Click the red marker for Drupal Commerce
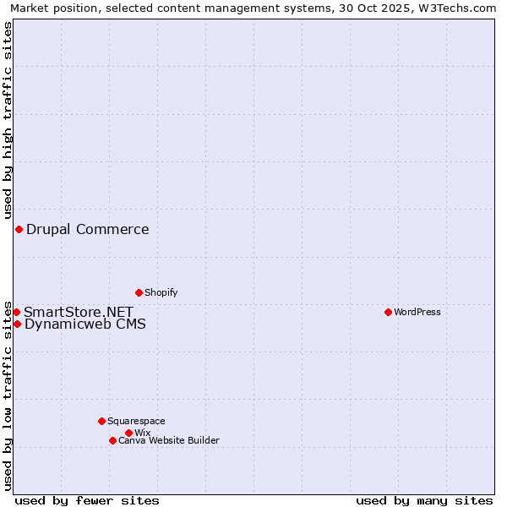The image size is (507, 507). pyautogui.click(x=19, y=230)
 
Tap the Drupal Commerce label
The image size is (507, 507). pyautogui.click(x=88, y=230)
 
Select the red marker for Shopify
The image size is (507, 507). pyautogui.click(x=139, y=292)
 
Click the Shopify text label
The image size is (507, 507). pyautogui.click(x=161, y=292)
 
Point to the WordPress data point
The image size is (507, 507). pyautogui.click(x=388, y=312)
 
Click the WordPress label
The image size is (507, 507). pyautogui.click(x=417, y=312)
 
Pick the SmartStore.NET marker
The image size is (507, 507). pyautogui.click(x=16, y=312)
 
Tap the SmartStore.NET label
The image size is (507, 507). pyautogui.click(x=79, y=312)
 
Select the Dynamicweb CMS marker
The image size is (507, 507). pyautogui.click(x=17, y=324)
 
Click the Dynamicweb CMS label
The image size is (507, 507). pyautogui.click(x=84, y=324)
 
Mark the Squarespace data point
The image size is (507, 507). pyautogui.click(x=101, y=421)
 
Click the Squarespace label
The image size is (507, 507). pyautogui.click(x=136, y=421)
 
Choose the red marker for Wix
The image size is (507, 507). pyautogui.click(x=128, y=433)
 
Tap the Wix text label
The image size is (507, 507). pyautogui.click(x=142, y=433)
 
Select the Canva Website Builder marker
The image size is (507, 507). pyautogui.click(x=112, y=440)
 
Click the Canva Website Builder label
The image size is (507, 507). pyautogui.click(x=169, y=440)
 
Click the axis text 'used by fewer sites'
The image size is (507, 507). pyautogui.click(x=87, y=500)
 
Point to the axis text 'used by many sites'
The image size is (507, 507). pyautogui.click(x=424, y=500)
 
